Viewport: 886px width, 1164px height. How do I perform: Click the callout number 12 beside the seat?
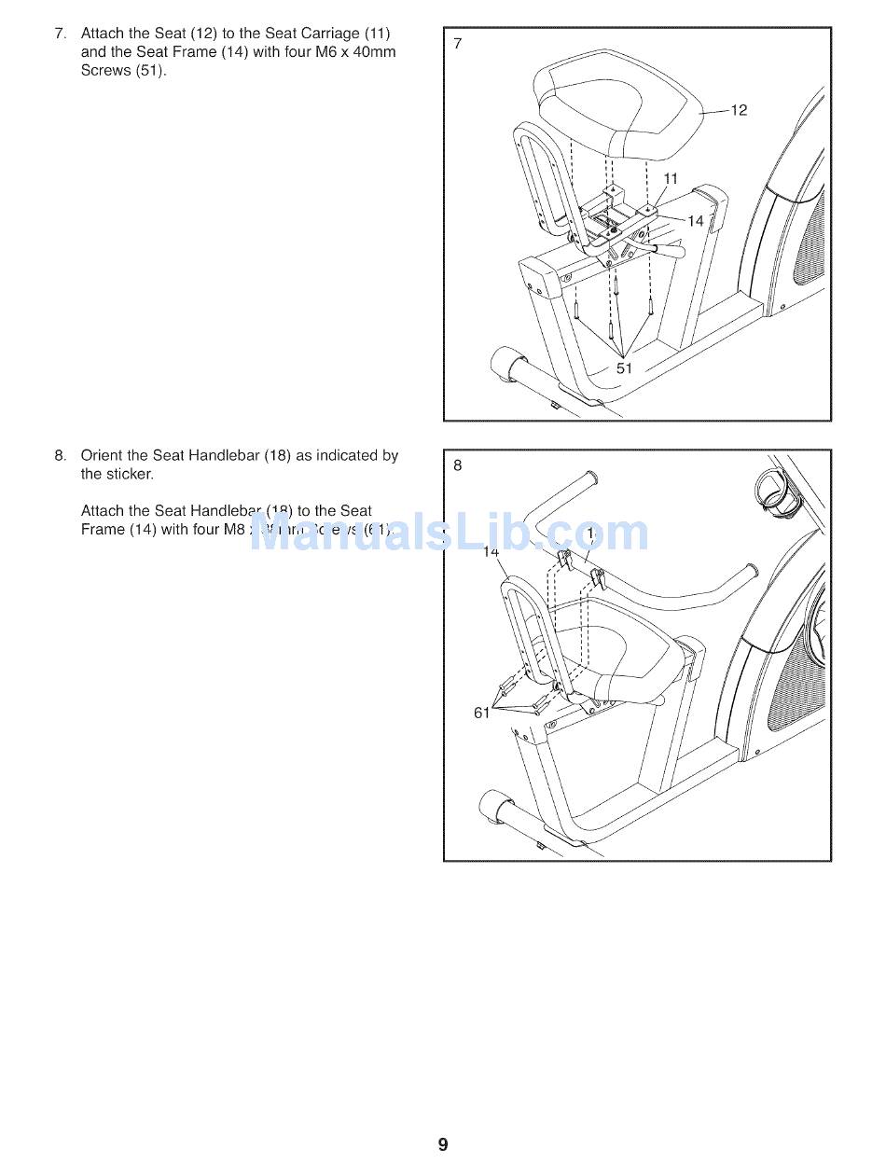(739, 111)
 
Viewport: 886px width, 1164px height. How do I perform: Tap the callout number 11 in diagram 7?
(671, 179)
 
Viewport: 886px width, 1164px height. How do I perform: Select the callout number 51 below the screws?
(624, 368)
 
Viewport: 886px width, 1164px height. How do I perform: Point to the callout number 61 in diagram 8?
(482, 714)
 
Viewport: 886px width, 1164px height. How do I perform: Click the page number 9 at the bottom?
(443, 1144)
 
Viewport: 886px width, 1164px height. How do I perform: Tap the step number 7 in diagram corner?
(457, 43)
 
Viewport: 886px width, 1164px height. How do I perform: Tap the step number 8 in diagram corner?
(457, 465)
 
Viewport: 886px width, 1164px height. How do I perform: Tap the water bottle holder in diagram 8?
(773, 485)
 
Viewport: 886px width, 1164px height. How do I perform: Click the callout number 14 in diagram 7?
(696, 221)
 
